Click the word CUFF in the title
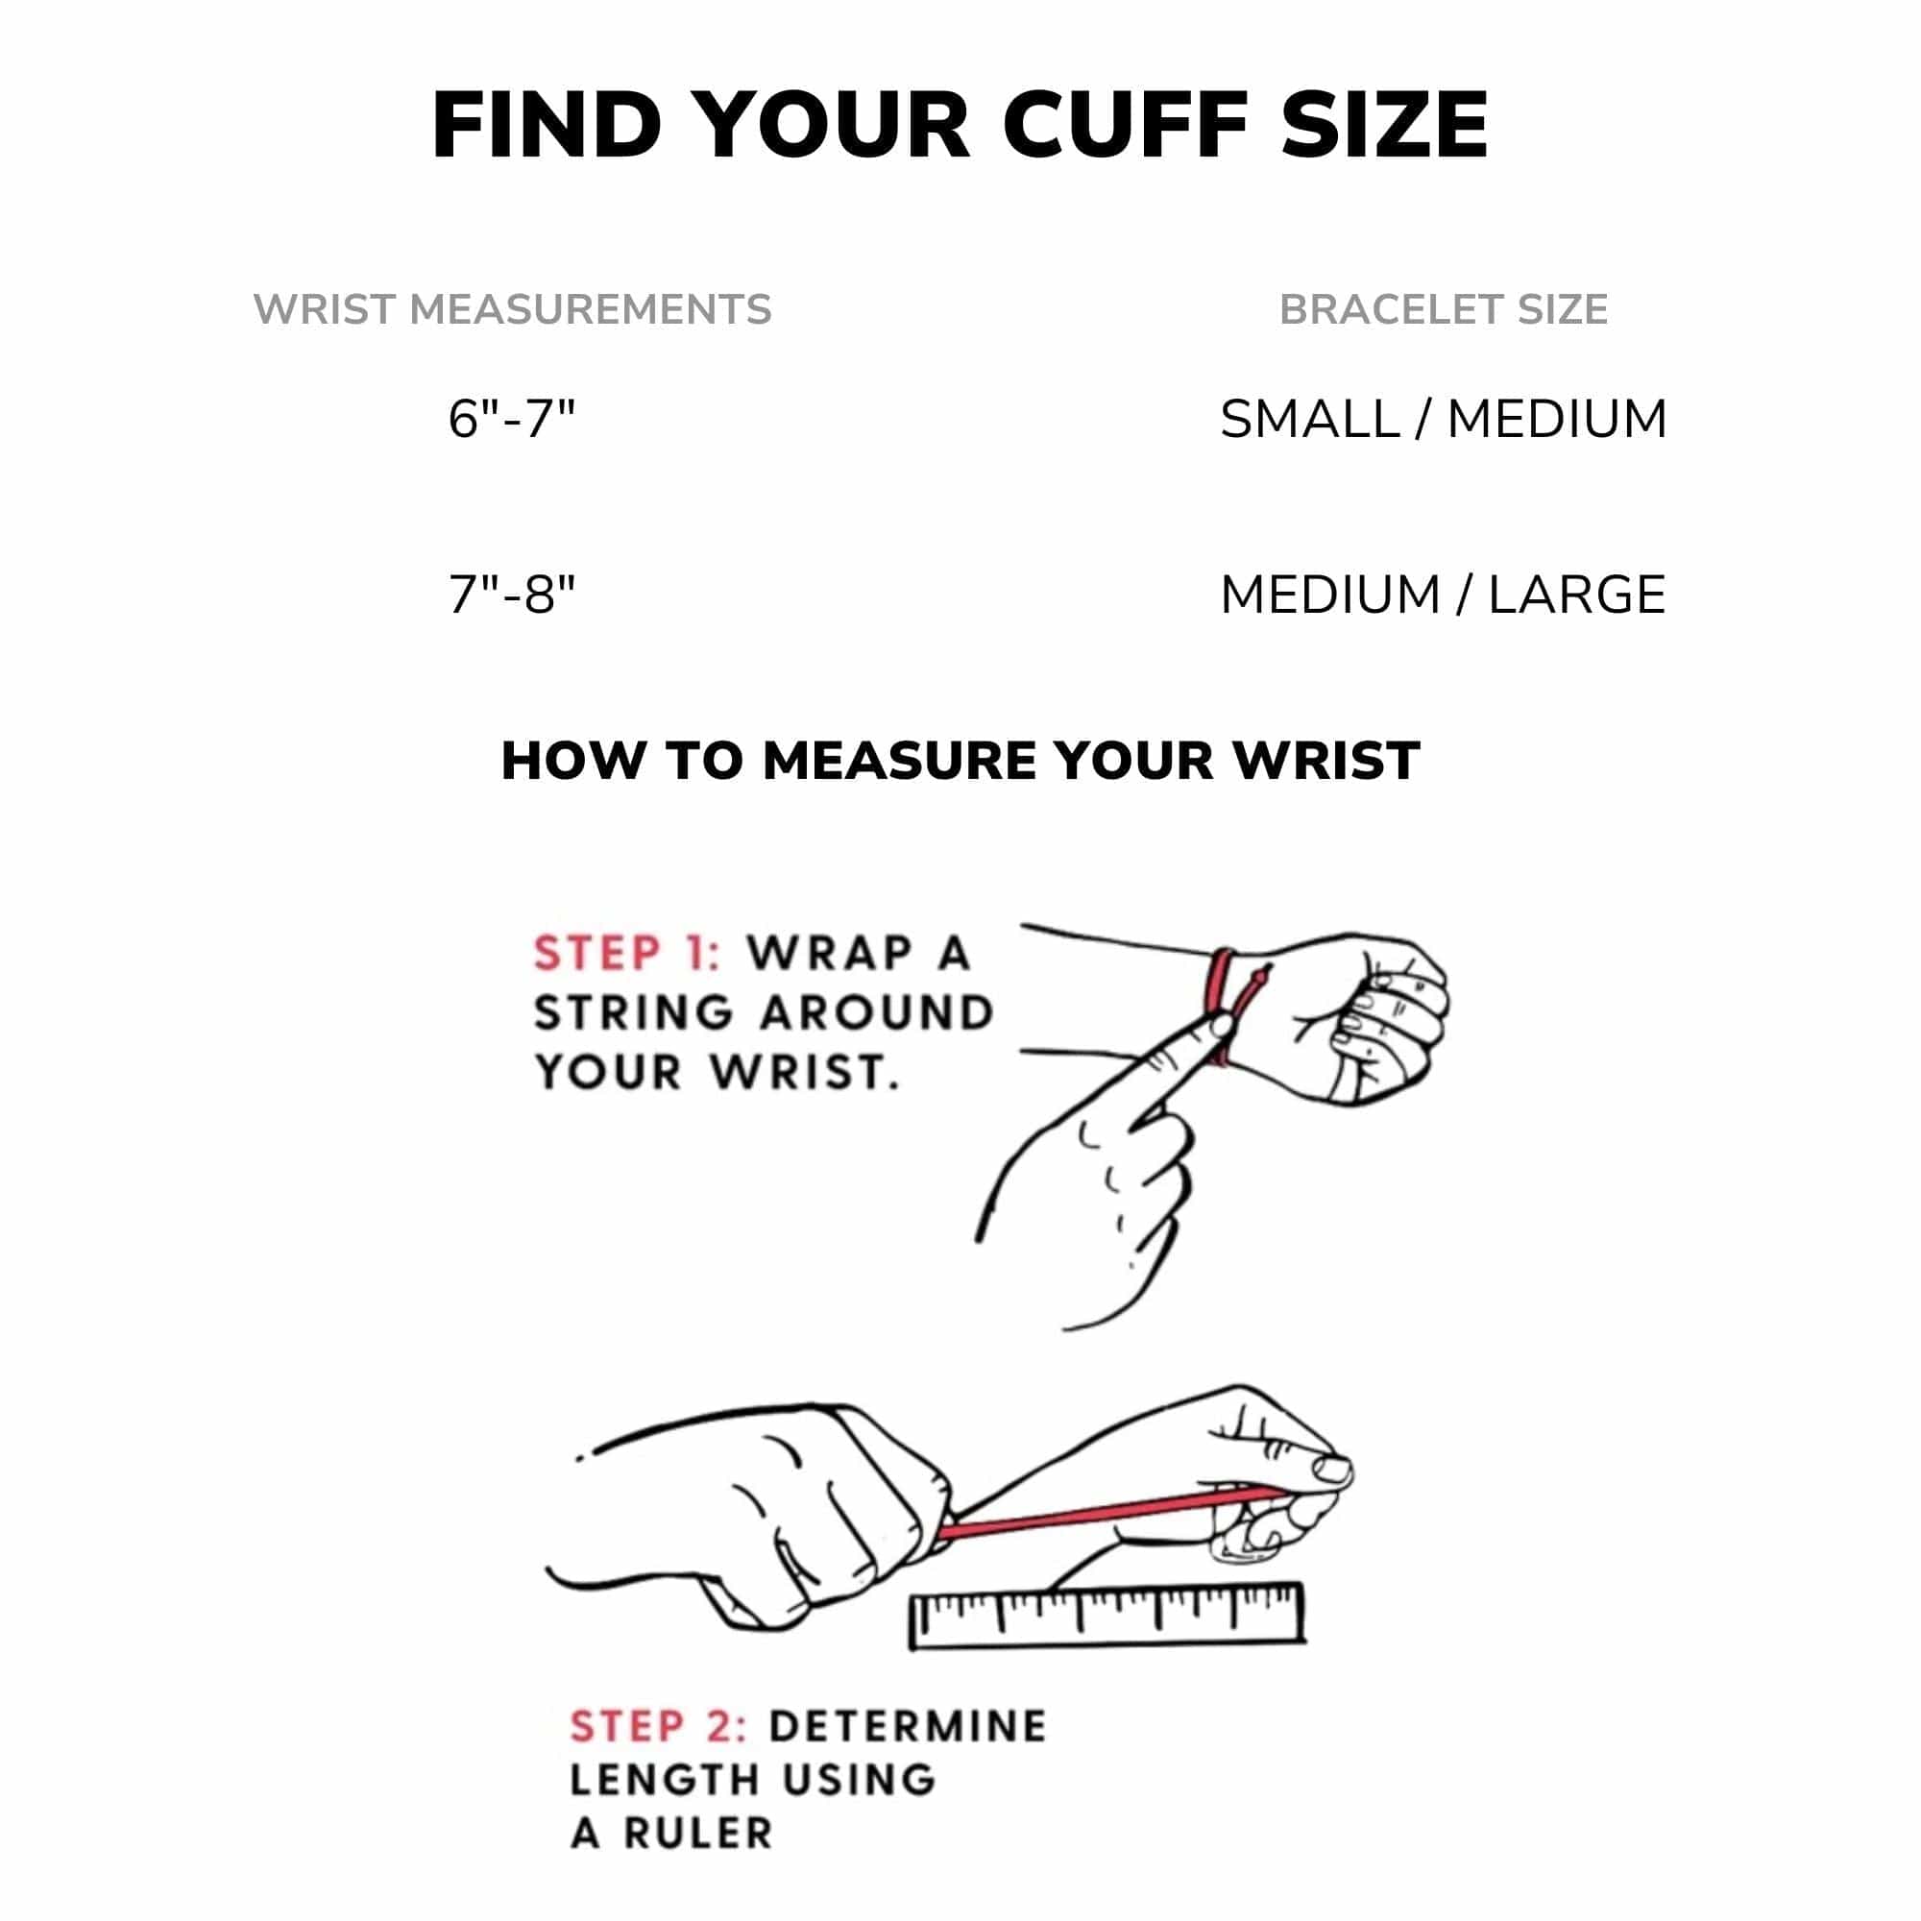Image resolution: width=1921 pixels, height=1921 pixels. pyautogui.click(x=1126, y=125)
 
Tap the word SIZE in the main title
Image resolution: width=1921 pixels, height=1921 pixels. pyautogui.click(x=1385, y=125)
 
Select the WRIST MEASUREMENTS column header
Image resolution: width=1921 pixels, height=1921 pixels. pyautogui.click(x=512, y=309)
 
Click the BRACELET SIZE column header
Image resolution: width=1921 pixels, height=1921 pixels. pyautogui.click(x=1443, y=309)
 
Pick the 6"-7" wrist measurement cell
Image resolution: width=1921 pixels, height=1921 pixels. pyautogui.click(x=512, y=419)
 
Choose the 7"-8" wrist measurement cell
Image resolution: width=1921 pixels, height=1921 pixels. pyautogui.click(x=512, y=595)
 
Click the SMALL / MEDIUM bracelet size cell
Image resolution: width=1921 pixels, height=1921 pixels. pyautogui.click(x=1443, y=419)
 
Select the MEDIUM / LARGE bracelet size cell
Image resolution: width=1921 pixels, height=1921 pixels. pyautogui.click(x=1443, y=595)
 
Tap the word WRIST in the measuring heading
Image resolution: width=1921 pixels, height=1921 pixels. pyautogui.click(x=1325, y=762)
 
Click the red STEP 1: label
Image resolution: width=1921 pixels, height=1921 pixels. pyautogui.click(x=626, y=953)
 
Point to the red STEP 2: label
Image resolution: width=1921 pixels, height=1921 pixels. pyautogui.click(x=658, y=1727)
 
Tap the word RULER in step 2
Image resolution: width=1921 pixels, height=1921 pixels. pyautogui.click(x=698, y=1834)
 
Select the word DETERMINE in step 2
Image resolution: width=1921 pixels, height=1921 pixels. pyautogui.click(x=908, y=1727)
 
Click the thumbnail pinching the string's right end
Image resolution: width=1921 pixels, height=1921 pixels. pyautogui.click(x=1332, y=1470)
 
